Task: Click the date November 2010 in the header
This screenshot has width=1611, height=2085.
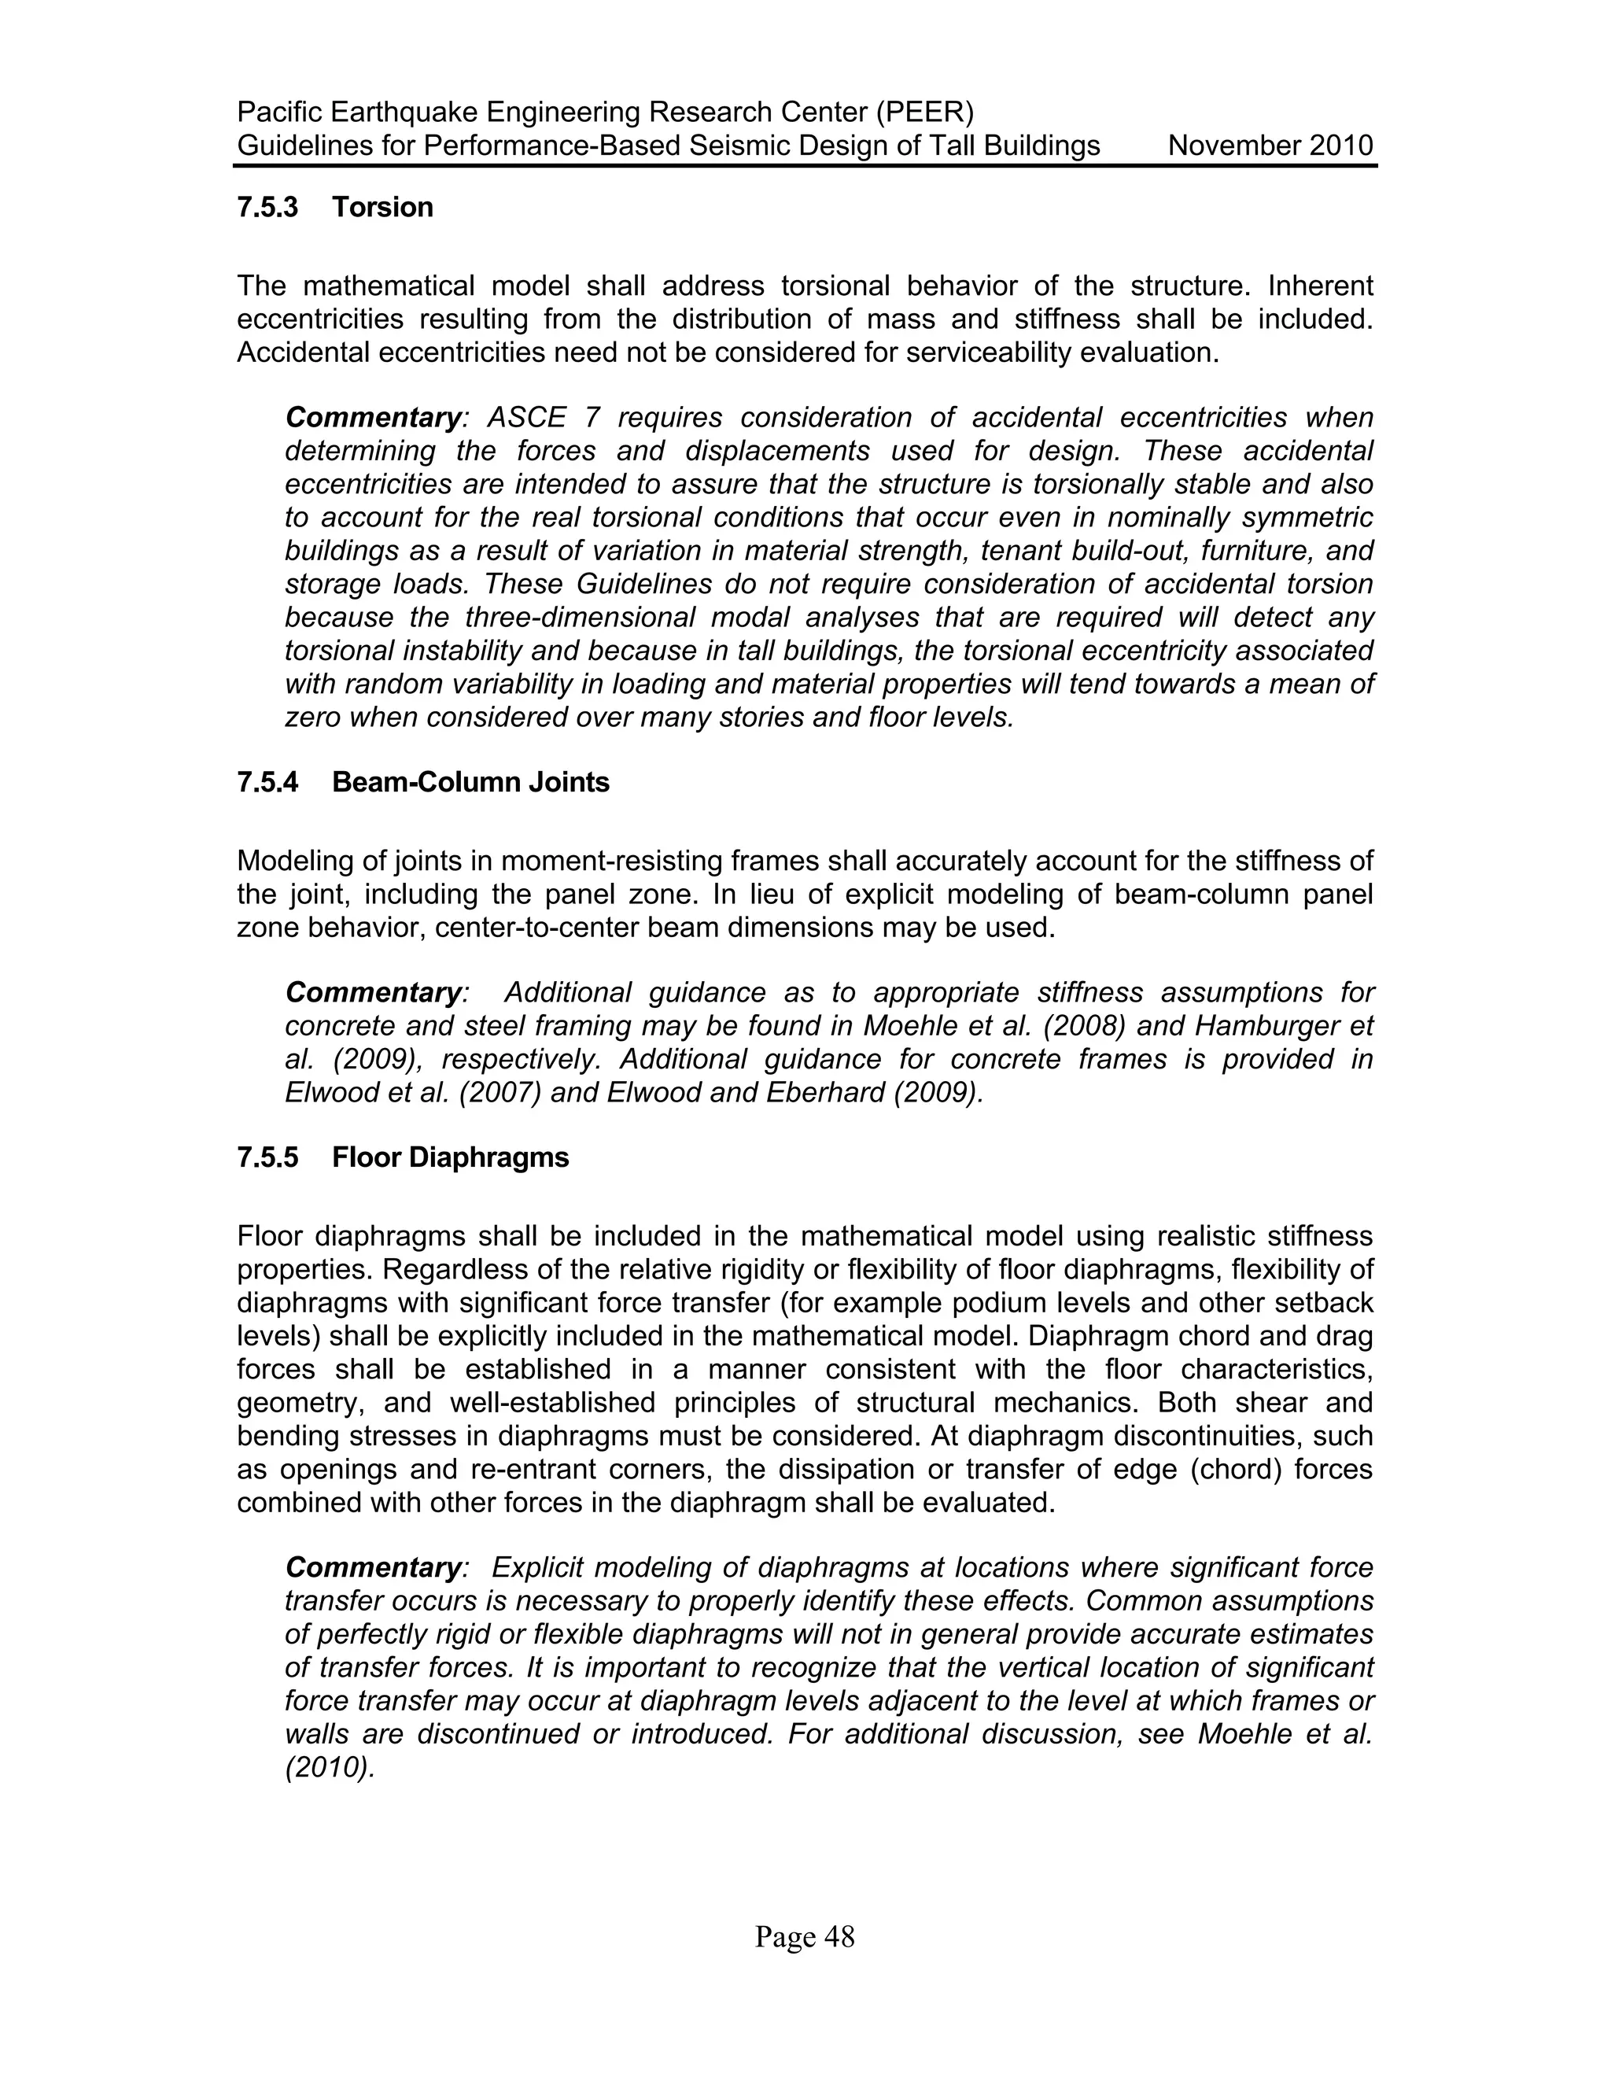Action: (1270, 146)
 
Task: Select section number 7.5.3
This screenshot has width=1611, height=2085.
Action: (267, 207)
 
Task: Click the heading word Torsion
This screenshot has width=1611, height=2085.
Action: (383, 207)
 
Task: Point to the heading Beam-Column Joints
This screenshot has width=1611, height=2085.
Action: (470, 782)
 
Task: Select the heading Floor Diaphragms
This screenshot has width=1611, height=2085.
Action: (451, 1157)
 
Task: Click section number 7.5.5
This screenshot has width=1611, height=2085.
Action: (267, 1157)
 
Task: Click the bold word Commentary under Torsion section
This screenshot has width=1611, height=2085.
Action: (373, 418)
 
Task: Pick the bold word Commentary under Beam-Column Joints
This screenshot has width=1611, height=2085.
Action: (373, 993)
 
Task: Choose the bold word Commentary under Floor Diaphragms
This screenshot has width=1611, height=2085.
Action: (373, 1567)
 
